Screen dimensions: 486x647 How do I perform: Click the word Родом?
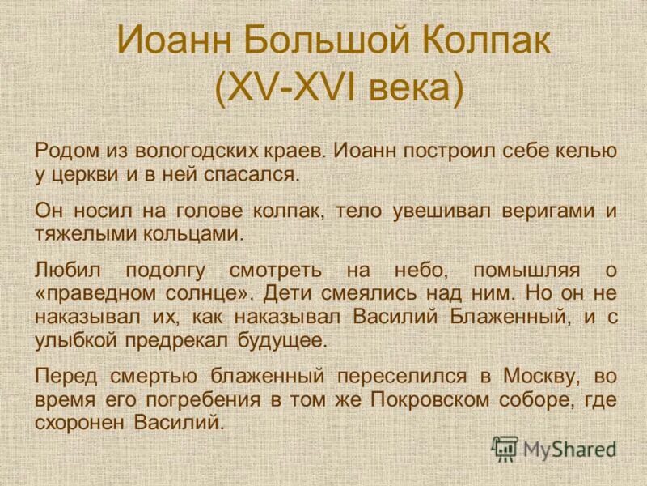[66, 151]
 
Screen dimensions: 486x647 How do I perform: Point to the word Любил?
[65, 270]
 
